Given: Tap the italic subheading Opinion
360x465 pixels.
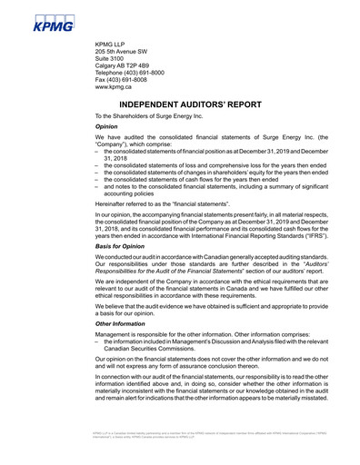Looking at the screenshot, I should (107, 127).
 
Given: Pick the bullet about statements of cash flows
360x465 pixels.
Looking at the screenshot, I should (191, 179).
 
